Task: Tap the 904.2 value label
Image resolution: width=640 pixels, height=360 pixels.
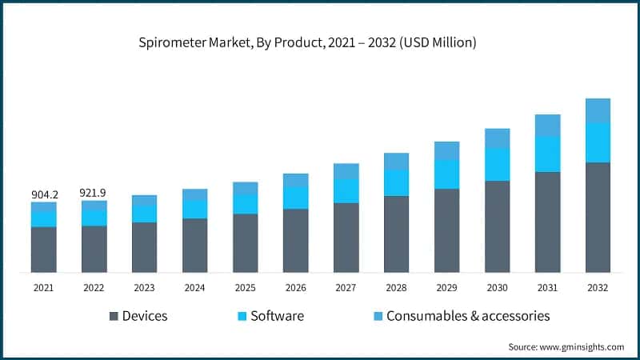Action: [44, 194]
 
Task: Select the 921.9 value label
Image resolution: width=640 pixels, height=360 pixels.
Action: [94, 193]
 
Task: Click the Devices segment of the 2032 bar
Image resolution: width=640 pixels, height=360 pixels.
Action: [598, 218]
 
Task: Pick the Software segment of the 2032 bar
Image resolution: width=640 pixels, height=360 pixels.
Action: [598, 143]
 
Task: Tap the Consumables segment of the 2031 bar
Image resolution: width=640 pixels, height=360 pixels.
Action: [547, 125]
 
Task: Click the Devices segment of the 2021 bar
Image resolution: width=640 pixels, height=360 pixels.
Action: [44, 250]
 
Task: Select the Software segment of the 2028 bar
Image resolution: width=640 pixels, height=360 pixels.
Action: [396, 183]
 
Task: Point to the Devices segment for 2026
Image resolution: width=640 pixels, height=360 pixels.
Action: [295, 241]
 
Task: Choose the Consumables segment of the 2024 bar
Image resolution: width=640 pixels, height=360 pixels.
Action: [194, 194]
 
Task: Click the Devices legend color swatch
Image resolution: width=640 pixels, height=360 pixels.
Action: [114, 316]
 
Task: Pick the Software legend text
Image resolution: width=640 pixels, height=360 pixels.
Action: [277, 316]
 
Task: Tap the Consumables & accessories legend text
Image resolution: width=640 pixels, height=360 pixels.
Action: [468, 316]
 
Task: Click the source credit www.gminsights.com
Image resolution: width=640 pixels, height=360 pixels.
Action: [566, 346]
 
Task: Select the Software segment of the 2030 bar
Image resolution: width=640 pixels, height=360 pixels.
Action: [497, 165]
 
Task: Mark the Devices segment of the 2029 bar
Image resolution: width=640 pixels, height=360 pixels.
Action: [446, 230]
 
